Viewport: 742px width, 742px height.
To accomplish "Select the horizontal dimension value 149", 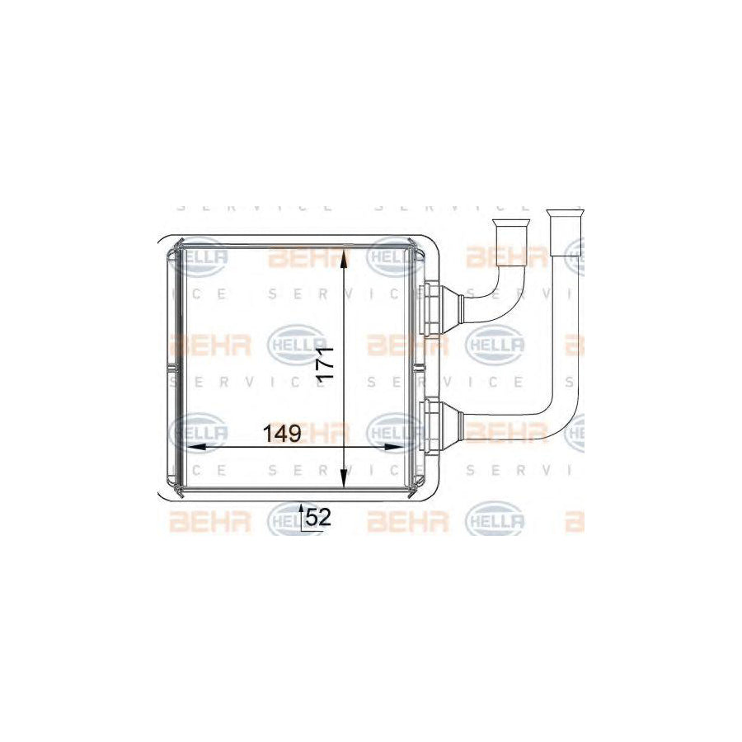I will (x=281, y=432).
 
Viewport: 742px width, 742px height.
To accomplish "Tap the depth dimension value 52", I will (x=318, y=517).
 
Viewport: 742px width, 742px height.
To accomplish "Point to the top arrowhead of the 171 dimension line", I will (x=344, y=251).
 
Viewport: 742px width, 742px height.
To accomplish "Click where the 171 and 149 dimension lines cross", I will (x=344, y=447).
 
